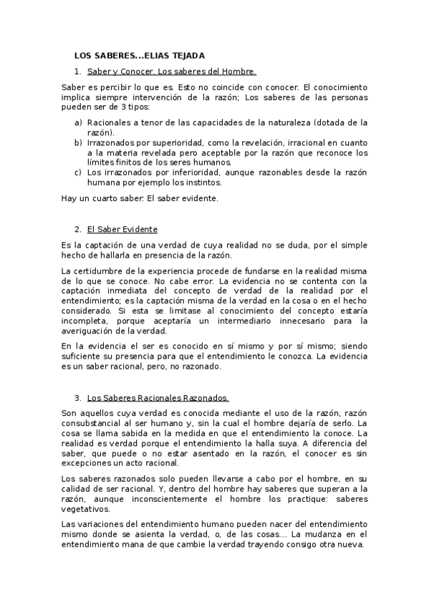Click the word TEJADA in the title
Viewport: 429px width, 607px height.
click(x=187, y=55)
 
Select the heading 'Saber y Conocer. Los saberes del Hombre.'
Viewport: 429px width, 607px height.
click(x=171, y=72)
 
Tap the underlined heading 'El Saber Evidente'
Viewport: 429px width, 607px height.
click(x=122, y=229)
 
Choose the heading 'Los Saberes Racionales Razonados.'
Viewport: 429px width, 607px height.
click(x=158, y=397)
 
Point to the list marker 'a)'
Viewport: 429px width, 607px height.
click(x=78, y=122)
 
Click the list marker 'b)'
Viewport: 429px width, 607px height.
click(x=78, y=142)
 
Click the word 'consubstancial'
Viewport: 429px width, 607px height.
click(x=96, y=424)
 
